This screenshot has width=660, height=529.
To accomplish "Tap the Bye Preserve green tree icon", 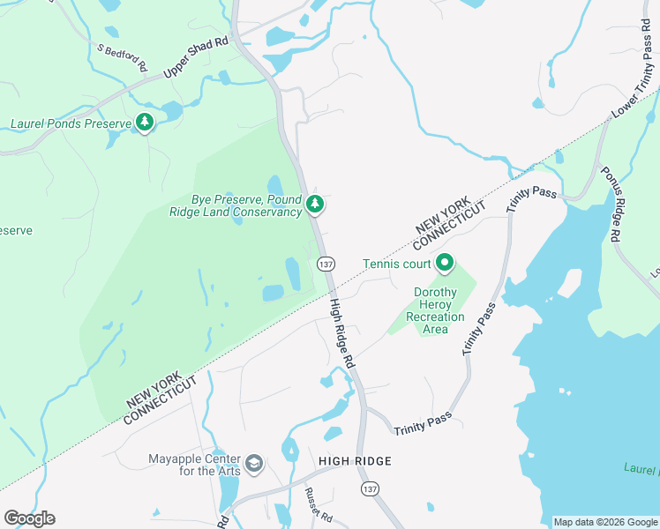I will (x=315, y=205).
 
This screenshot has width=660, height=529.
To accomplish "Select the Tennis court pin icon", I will (x=445, y=263).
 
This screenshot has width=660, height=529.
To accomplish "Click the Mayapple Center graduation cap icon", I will (x=254, y=464).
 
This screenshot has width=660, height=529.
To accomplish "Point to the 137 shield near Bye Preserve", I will (x=326, y=264).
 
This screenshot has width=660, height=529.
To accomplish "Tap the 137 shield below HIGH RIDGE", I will (x=370, y=487).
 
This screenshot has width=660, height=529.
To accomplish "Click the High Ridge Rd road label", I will (x=341, y=333).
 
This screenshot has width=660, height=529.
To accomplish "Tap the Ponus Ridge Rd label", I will (x=610, y=204).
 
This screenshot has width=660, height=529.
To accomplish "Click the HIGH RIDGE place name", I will (x=356, y=461).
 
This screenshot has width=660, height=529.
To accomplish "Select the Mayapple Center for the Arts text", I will (x=194, y=465).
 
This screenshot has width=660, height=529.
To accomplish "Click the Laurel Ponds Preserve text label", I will (x=70, y=123).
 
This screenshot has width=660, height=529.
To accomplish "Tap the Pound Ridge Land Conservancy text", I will (x=236, y=212).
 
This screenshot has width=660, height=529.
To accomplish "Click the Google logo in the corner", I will (x=29, y=518).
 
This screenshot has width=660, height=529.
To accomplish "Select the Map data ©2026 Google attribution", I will (x=605, y=522).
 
